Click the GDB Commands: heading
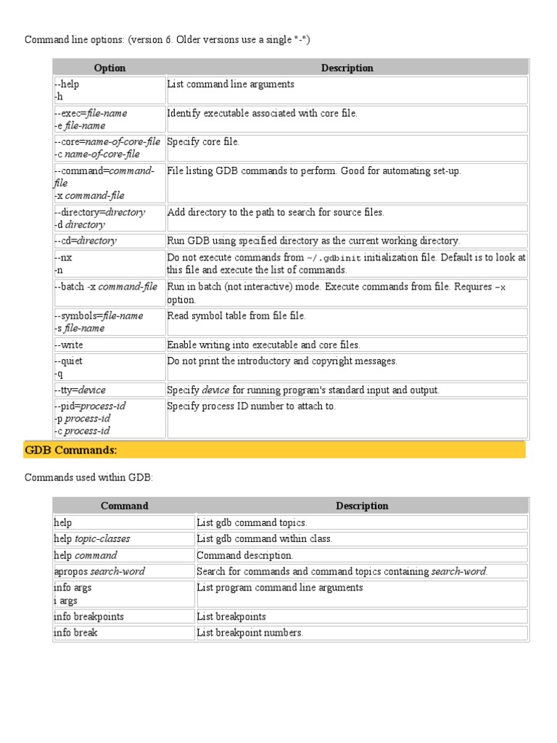click(x=71, y=450)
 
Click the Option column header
click(x=110, y=68)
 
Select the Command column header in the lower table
click(x=124, y=506)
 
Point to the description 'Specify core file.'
click(x=203, y=141)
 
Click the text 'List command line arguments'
click(x=231, y=84)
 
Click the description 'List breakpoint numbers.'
click(x=250, y=633)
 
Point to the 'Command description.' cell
click(x=245, y=555)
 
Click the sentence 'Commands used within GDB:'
click(x=89, y=477)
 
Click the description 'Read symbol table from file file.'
click(x=236, y=316)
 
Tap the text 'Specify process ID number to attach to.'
click(x=252, y=406)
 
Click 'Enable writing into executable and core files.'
click(x=263, y=345)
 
